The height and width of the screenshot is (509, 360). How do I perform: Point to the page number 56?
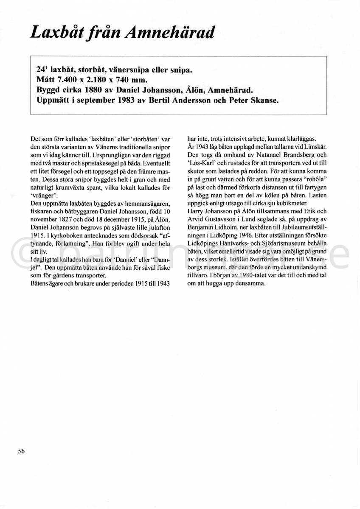pos(21,451)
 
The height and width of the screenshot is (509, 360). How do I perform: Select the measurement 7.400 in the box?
pos(70,79)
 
